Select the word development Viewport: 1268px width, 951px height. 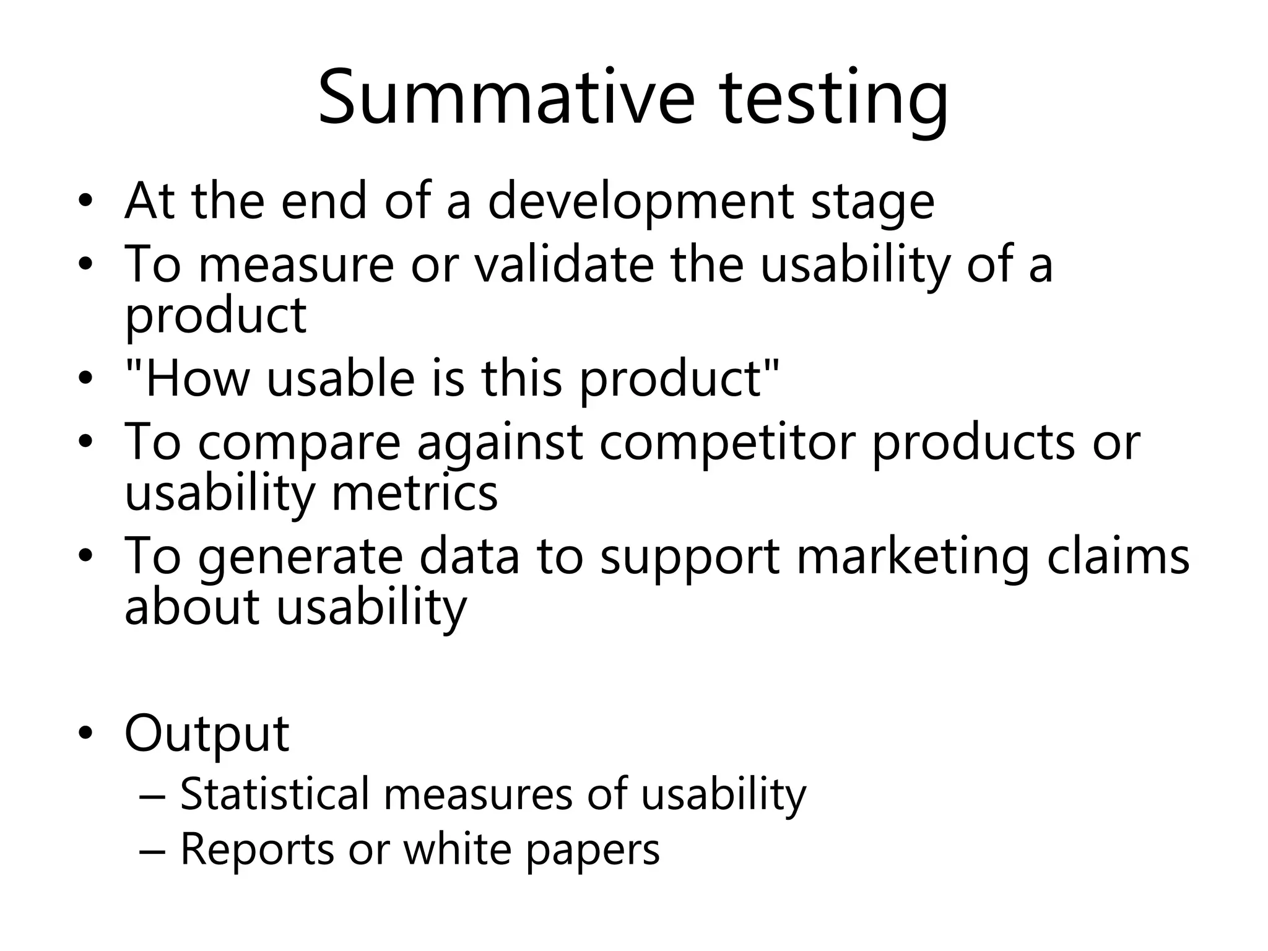641,201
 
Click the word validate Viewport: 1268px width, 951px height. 564,264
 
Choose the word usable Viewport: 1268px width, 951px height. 341,379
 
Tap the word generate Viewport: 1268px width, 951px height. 301,557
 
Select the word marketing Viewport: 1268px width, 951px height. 913,557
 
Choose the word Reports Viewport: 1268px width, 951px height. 257,849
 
